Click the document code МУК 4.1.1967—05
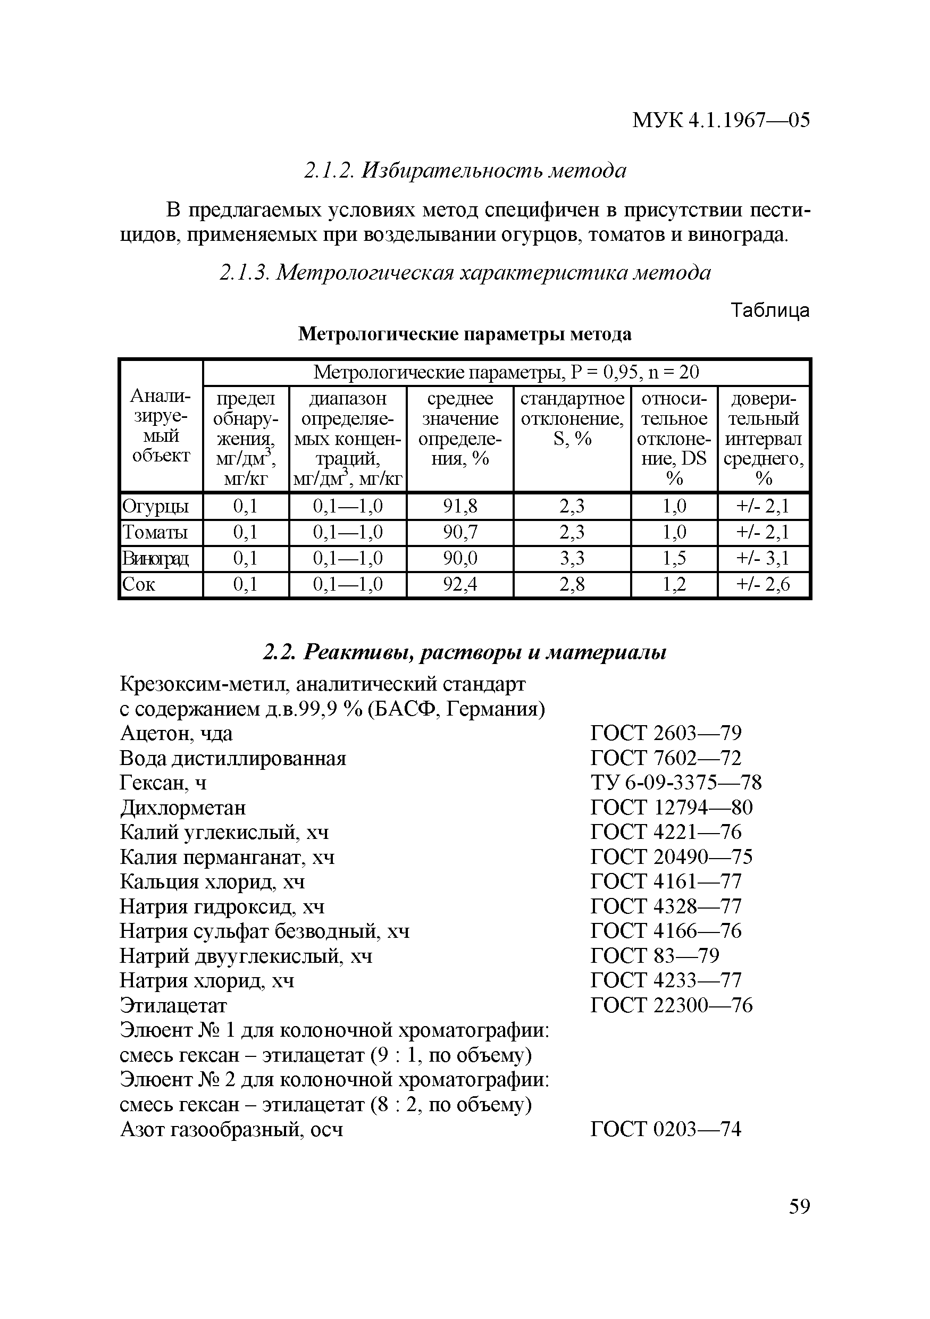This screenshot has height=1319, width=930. pyautogui.click(x=720, y=120)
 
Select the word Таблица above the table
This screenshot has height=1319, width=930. pyautogui.click(x=770, y=311)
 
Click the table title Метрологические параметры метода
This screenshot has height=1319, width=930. pyautogui.click(x=464, y=334)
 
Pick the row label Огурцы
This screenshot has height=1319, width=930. pyautogui.click(x=155, y=506)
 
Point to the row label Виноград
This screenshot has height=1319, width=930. pyautogui.click(x=155, y=558)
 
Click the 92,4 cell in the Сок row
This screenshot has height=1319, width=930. pyautogui.click(x=459, y=585)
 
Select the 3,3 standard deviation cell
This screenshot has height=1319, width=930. pyautogui.click(x=572, y=558)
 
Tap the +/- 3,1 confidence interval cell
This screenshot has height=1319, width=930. pyautogui.click(x=763, y=558)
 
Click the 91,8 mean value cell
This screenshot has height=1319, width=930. pyautogui.click(x=459, y=506)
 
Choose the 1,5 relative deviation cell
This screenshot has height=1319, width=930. pyautogui.click(x=674, y=558)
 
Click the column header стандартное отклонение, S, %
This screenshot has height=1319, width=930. pyautogui.click(x=572, y=419)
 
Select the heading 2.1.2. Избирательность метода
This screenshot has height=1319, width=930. pyautogui.click(x=464, y=171)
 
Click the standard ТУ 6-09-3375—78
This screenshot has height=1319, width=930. pyautogui.click(x=675, y=783)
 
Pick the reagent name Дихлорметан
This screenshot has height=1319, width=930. pyautogui.click(x=183, y=808)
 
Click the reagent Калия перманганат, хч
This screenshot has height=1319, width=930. pyautogui.click(x=227, y=857)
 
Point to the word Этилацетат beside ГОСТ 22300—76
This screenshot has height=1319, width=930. pyautogui.click(x=173, y=1005)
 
